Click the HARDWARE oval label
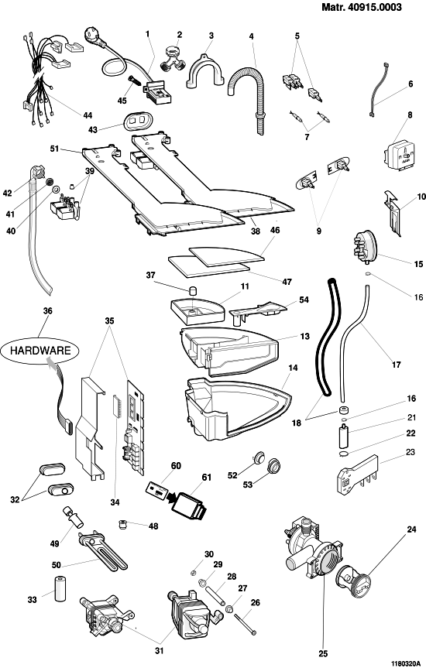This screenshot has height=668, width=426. point(40,351)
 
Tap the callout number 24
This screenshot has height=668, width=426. point(411,529)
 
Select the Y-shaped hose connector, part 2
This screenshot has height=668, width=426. point(172,58)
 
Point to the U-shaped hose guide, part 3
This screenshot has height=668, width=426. point(205,71)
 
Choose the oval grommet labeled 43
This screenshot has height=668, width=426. point(137,121)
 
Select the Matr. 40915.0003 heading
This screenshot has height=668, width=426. point(362,7)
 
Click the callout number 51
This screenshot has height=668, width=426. point(54,149)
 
